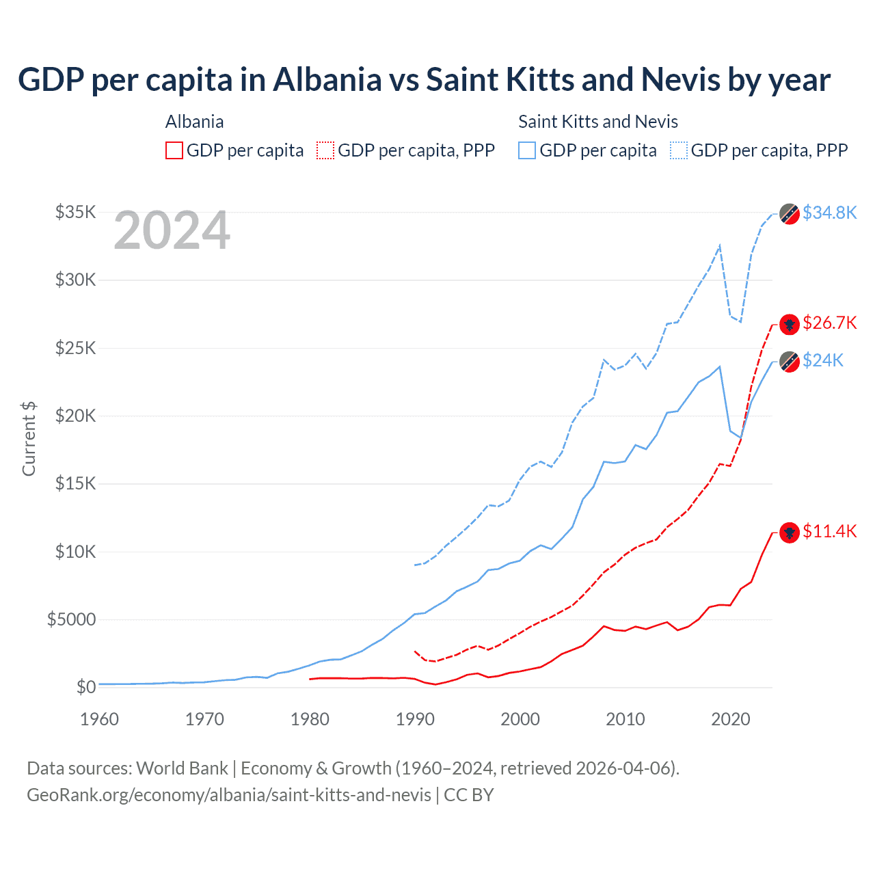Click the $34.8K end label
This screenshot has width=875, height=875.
pyautogui.click(x=829, y=213)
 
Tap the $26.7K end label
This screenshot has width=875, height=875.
pyautogui.click(x=829, y=323)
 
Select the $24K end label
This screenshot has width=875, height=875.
pyautogui.click(x=822, y=360)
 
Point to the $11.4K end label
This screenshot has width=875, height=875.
pyautogui.click(x=829, y=531)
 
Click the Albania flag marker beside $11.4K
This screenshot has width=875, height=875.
pyautogui.click(x=790, y=533)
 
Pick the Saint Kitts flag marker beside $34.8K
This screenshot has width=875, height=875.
pyautogui.click(x=790, y=214)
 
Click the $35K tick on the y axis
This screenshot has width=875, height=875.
pyautogui.click(x=76, y=212)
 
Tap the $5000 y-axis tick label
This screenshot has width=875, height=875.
pyautogui.click(x=72, y=619)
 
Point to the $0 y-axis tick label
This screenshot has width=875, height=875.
pyautogui.click(x=86, y=687)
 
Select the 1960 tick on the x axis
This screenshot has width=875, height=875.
pyautogui.click(x=100, y=719)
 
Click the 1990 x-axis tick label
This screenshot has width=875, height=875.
pyautogui.click(x=416, y=719)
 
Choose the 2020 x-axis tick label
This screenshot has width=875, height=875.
pyautogui.click(x=731, y=719)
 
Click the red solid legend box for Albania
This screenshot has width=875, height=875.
pyautogui.click(x=174, y=150)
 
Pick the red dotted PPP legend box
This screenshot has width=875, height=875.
pyautogui.click(x=325, y=150)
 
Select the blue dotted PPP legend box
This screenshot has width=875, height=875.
pyautogui.click(x=679, y=150)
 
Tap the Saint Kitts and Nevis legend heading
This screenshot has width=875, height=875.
pyautogui.click(x=598, y=122)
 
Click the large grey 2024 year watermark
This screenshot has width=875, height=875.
pyautogui.click(x=172, y=230)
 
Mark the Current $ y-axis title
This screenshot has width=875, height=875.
pyautogui.click(x=29, y=438)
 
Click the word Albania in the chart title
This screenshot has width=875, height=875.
pyautogui.click(x=327, y=79)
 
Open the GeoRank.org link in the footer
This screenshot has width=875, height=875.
pyautogui.click(x=229, y=795)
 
